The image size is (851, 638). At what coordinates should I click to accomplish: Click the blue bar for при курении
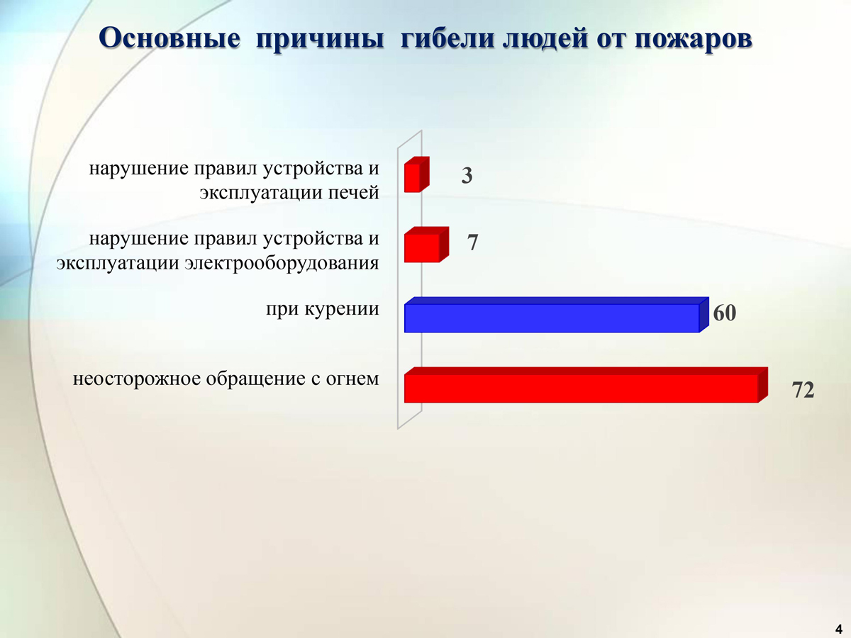click(557, 315)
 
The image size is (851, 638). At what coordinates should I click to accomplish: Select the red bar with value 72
click(586, 385)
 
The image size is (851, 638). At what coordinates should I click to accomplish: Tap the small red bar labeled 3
click(416, 174)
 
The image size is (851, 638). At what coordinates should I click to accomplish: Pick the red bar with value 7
click(426, 245)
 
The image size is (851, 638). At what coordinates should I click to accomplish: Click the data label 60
click(724, 313)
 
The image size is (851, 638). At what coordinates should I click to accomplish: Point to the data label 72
click(803, 390)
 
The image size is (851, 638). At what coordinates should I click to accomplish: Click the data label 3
click(467, 176)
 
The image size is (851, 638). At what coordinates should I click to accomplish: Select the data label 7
click(472, 242)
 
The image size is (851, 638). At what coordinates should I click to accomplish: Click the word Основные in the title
click(169, 39)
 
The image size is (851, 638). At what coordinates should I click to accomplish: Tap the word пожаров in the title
click(694, 40)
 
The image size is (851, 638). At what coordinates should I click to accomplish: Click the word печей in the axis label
click(354, 193)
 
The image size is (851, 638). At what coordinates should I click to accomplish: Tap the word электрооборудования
click(282, 264)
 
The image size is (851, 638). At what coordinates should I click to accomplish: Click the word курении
click(341, 310)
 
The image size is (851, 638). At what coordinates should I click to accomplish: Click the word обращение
click(256, 379)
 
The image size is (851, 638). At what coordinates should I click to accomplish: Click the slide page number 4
click(839, 629)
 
